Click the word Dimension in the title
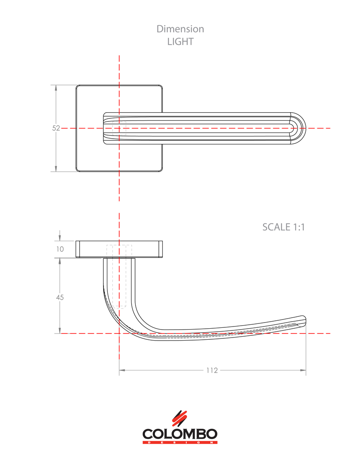pos(180,29)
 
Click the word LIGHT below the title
pos(180,42)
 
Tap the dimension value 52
pos(56,128)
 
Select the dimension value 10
pos(60,249)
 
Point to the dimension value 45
pos(60,297)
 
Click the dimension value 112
pos(212,371)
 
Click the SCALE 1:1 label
pos(283,227)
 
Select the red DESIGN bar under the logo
pos(180,442)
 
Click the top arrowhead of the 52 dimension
pos(56,88)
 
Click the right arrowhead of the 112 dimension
pos(303,371)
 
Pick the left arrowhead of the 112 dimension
pos(122,371)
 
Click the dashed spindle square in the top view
pos(119,128)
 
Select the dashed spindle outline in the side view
pos(119,277)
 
